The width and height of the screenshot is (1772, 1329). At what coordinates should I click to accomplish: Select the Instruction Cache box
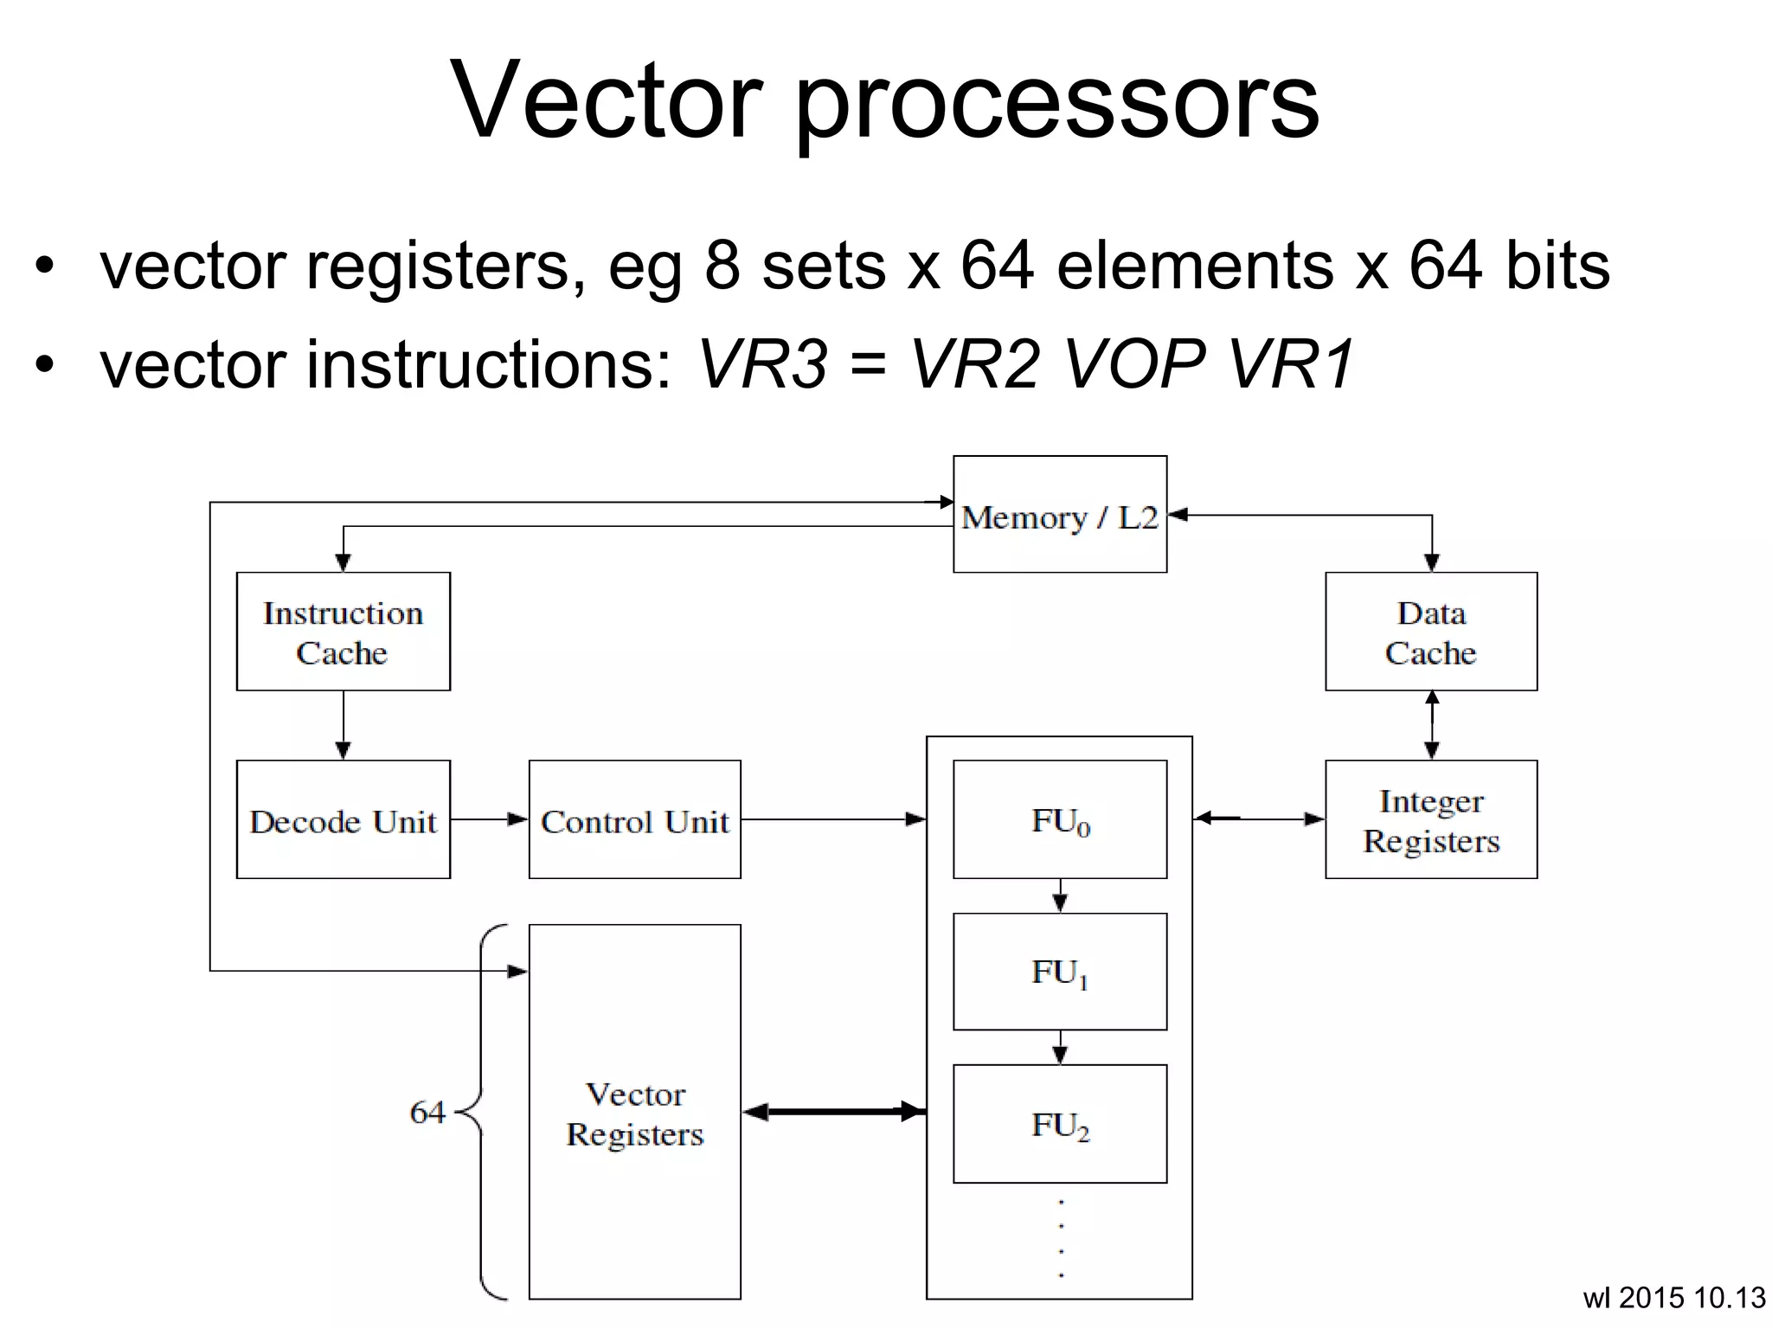(343, 632)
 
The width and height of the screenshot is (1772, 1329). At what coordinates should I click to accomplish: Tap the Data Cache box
(1430, 632)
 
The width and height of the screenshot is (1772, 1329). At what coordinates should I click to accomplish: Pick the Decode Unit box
(343, 820)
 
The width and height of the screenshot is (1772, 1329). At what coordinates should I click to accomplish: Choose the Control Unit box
(634, 820)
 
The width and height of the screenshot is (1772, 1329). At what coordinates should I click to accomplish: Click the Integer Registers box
(1430, 820)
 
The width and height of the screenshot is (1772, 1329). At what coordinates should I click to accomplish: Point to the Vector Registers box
(634, 1113)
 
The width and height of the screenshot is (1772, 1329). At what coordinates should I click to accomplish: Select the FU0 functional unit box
(1059, 820)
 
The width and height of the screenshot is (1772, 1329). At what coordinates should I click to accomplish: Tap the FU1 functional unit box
(1059, 972)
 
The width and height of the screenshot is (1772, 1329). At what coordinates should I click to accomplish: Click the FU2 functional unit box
(1059, 1124)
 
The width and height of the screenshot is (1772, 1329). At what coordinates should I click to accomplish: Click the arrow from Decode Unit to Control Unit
(489, 819)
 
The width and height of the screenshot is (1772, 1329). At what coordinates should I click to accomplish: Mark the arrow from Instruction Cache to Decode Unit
(343, 725)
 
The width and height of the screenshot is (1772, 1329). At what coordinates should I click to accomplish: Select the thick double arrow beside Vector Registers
(834, 1112)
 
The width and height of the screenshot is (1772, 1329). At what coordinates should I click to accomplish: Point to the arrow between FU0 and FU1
(1060, 896)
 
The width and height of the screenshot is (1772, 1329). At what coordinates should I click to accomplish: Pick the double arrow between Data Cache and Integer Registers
(1431, 725)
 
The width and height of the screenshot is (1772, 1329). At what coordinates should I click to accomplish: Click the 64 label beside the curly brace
(427, 1112)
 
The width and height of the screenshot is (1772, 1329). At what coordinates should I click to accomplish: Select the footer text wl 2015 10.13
(1673, 1298)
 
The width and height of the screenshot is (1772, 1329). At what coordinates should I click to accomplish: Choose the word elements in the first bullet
(1194, 266)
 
